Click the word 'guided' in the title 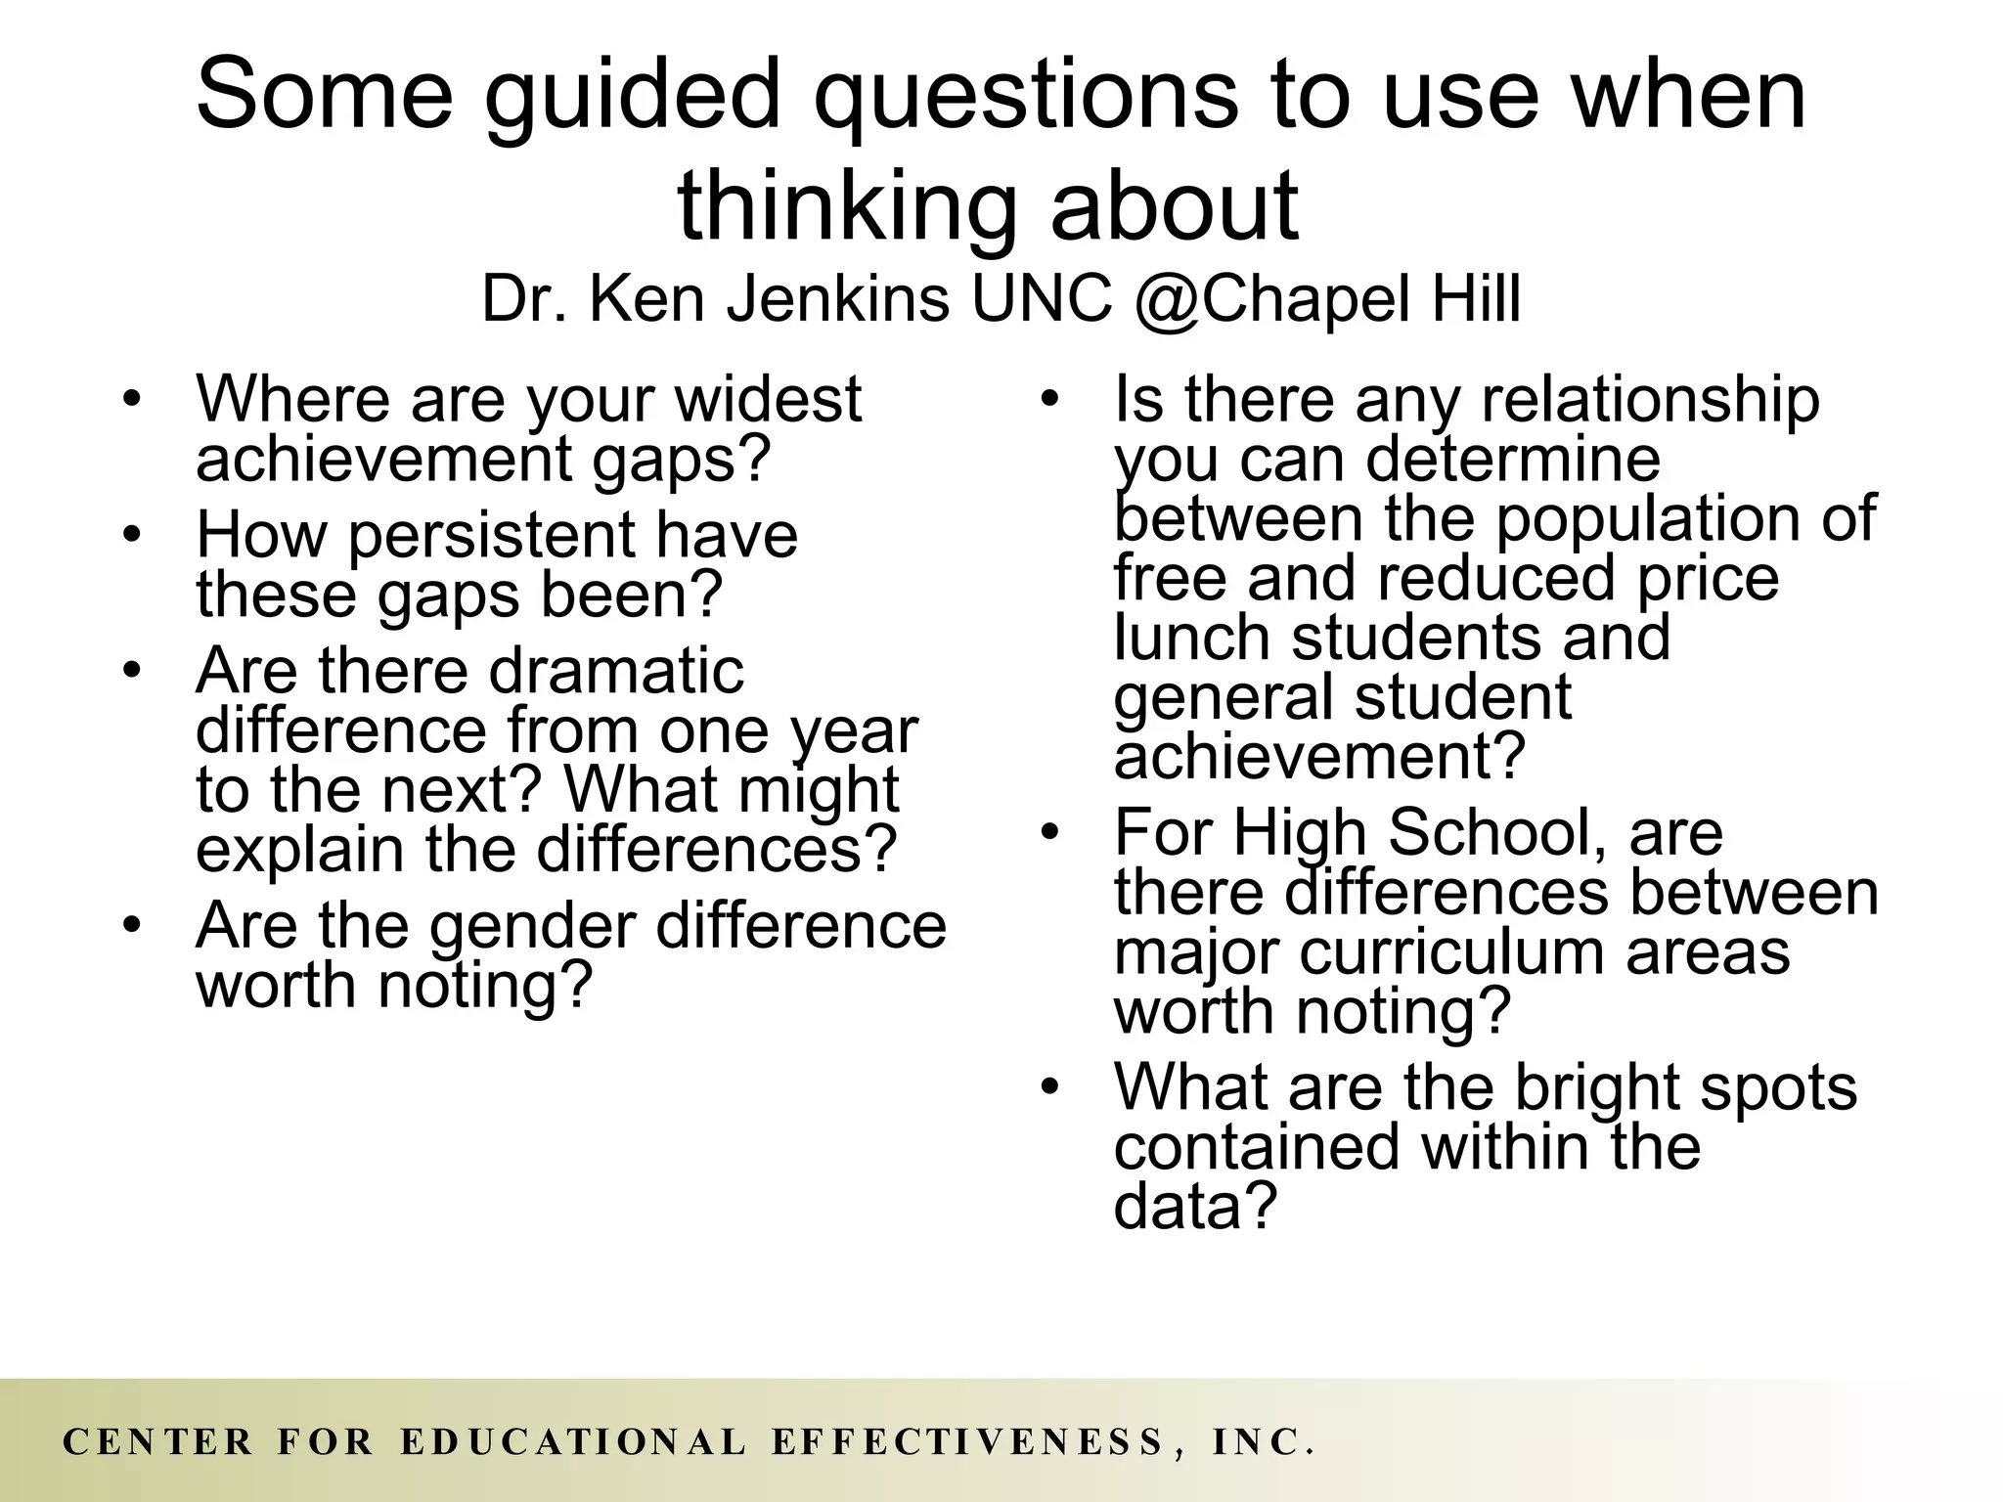(x=645, y=95)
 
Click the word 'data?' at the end (x=1195, y=1206)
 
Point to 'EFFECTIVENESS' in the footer (x=968, y=1442)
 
